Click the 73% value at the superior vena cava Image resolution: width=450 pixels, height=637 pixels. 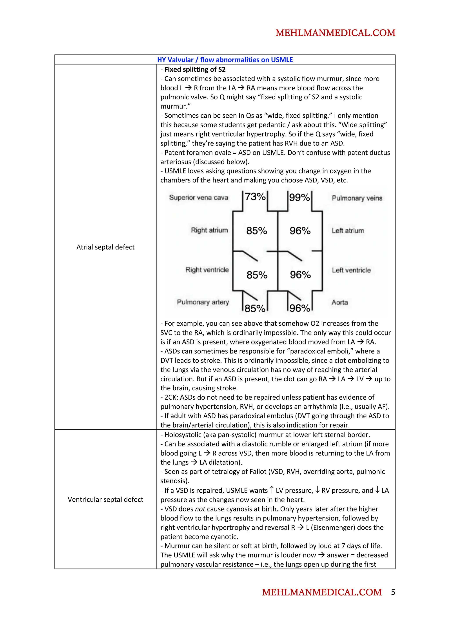tap(255, 197)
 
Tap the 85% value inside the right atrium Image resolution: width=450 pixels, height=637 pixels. tap(256, 231)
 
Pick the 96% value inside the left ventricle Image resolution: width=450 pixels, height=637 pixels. tap(300, 275)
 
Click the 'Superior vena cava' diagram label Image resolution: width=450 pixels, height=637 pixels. tap(198, 198)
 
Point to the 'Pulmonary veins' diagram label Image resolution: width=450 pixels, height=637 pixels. tap(357, 198)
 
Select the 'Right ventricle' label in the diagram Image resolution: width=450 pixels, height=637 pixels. tap(207, 270)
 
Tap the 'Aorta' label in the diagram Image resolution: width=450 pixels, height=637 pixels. tap(340, 302)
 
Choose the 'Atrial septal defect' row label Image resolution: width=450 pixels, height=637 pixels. tap(105, 247)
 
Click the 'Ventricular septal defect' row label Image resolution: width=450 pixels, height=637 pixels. tap(105, 499)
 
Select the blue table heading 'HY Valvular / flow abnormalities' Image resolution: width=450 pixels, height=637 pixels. tap(225, 60)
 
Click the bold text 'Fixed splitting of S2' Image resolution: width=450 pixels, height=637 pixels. tap(195, 69)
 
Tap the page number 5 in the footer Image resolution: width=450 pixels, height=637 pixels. tap(393, 592)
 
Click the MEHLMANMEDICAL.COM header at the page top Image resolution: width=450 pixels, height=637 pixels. tap(335, 33)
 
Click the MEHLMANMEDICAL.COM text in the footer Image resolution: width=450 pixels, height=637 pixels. tap(322, 592)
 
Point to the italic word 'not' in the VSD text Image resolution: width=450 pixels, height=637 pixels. tap(200, 509)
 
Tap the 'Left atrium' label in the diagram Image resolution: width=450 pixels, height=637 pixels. tap(348, 231)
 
